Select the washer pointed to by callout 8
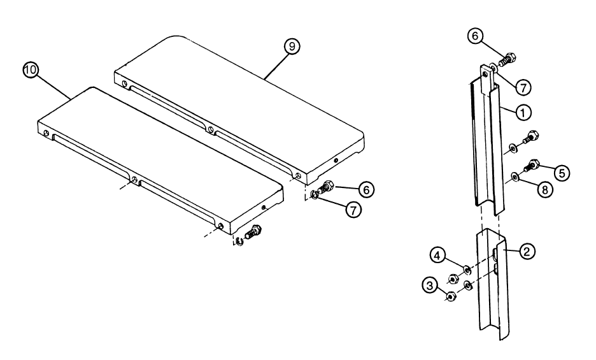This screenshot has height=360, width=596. click(514, 175)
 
